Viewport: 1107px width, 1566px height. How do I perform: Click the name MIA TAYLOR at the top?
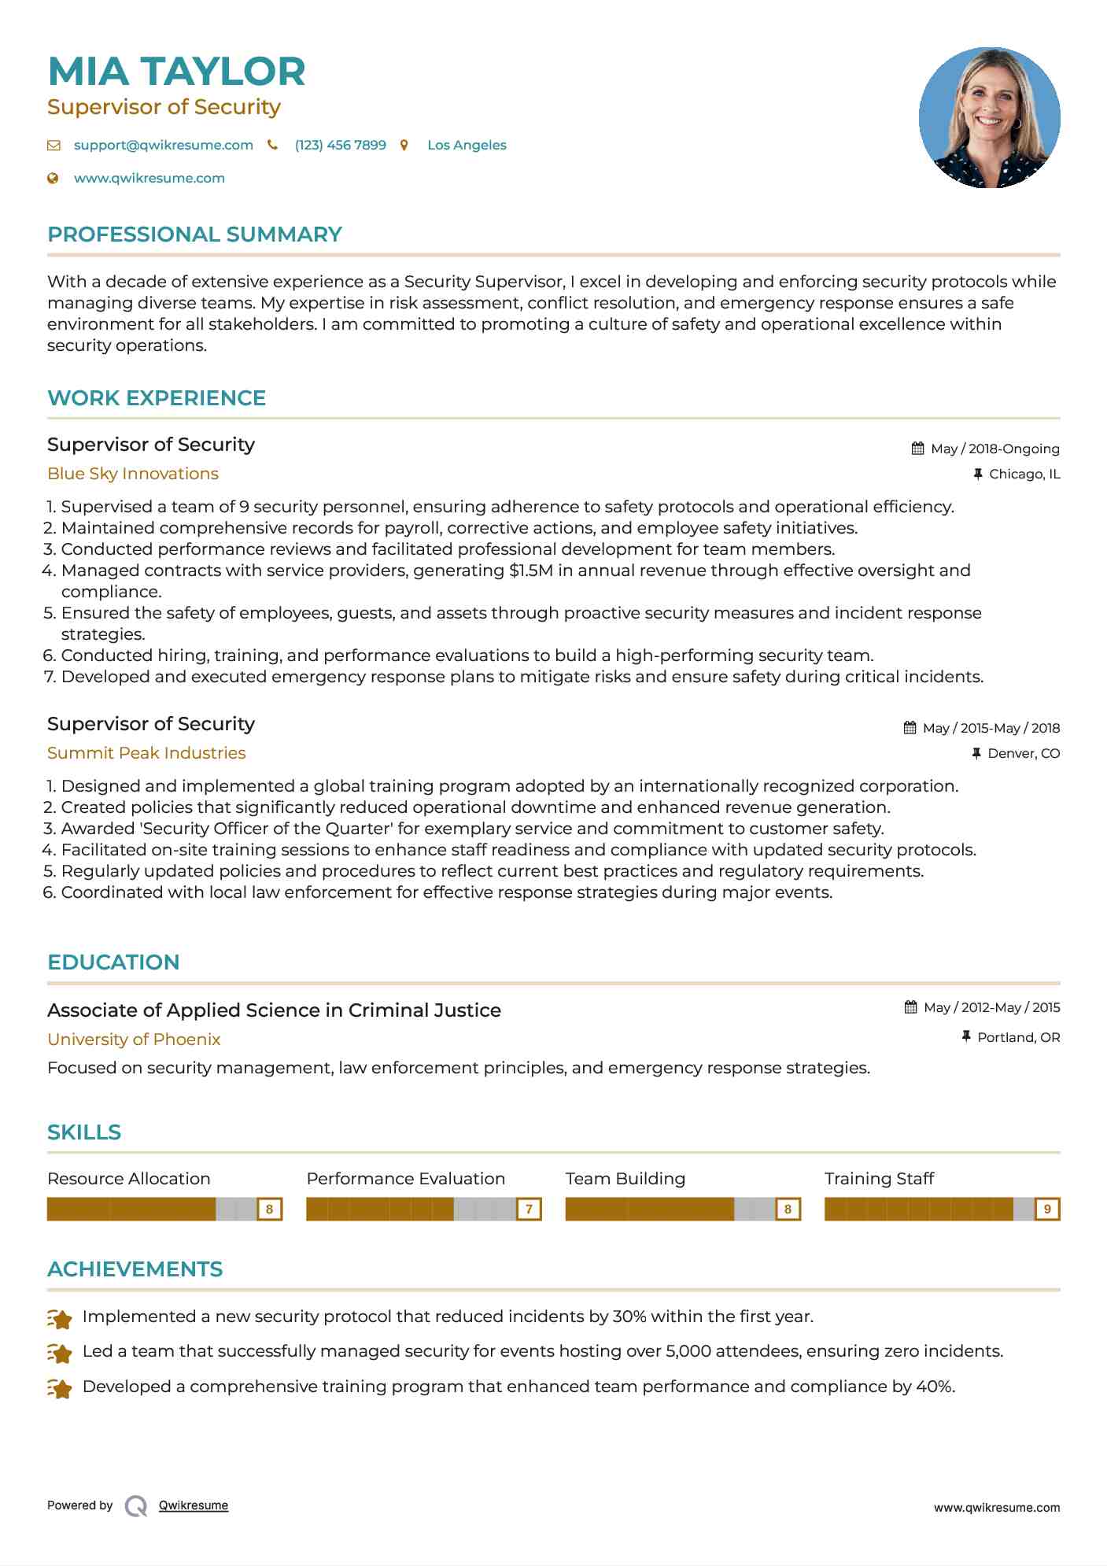click(176, 72)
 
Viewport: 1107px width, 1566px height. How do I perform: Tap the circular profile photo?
click(989, 118)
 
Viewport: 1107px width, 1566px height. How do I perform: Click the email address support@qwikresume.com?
click(163, 145)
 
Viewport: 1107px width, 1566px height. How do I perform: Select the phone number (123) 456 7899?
click(340, 145)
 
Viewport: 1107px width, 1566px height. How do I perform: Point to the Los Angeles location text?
click(467, 145)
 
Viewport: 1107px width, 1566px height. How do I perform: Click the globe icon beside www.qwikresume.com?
click(54, 178)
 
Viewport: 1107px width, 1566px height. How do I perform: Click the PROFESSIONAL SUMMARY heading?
click(194, 235)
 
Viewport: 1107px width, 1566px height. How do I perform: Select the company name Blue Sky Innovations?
click(133, 474)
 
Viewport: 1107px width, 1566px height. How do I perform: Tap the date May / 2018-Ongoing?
click(994, 449)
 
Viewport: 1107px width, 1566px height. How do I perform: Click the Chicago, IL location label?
click(1024, 474)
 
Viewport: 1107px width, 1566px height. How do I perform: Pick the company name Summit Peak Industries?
click(146, 753)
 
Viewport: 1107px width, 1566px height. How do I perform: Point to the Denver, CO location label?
click(1023, 753)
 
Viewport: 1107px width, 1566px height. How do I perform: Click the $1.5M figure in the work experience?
click(531, 571)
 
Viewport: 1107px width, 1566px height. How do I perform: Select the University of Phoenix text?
click(134, 1040)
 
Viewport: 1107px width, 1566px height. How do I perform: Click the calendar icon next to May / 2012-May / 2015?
click(910, 1007)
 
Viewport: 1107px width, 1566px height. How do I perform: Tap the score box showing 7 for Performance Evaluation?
click(529, 1209)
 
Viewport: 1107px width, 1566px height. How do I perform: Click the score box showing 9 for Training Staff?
click(1046, 1209)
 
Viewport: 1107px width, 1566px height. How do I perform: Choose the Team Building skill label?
click(625, 1179)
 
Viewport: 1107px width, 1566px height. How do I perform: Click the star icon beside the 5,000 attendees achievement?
click(60, 1353)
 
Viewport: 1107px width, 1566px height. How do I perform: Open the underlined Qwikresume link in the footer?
click(194, 1505)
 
